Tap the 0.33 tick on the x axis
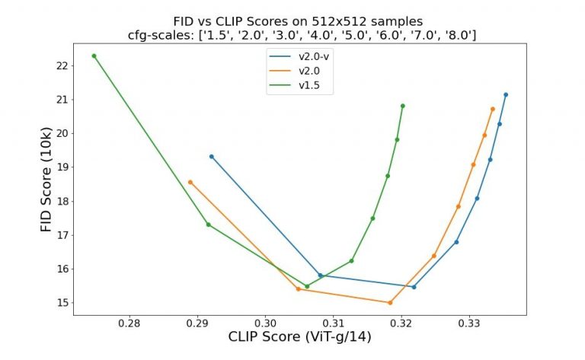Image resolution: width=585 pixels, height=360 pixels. (x=470, y=323)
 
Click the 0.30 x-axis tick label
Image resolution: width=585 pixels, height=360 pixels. (x=265, y=323)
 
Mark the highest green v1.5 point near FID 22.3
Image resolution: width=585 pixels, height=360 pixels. (x=94, y=56)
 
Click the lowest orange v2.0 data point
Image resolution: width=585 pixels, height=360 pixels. (x=390, y=303)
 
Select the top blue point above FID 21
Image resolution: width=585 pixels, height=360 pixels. (x=506, y=94)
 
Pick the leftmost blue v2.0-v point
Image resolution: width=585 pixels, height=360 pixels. (x=211, y=157)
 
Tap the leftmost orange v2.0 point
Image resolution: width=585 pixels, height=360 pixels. (x=190, y=182)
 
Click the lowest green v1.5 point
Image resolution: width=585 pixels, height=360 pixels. (x=307, y=286)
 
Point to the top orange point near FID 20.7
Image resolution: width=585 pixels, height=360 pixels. (x=493, y=109)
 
